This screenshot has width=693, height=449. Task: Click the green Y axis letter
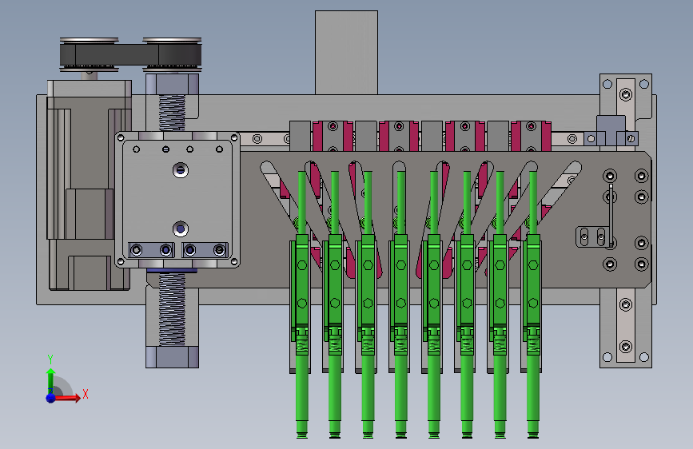pyautogui.click(x=50, y=359)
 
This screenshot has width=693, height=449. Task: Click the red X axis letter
pyautogui.click(x=86, y=394)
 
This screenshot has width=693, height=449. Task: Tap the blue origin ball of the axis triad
pyautogui.click(x=51, y=398)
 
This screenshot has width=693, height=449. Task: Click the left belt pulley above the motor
pyautogui.click(x=90, y=54)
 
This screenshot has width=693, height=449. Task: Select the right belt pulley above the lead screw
pyautogui.click(x=172, y=54)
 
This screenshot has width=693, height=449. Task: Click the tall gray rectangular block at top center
pyautogui.click(x=347, y=53)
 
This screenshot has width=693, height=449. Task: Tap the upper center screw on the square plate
pyautogui.click(x=181, y=170)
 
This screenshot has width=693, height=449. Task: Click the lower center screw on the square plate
pyautogui.click(x=181, y=229)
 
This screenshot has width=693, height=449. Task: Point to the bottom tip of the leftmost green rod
pyautogui.click(x=302, y=437)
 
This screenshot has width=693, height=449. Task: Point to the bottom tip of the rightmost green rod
pyautogui.click(x=533, y=437)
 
